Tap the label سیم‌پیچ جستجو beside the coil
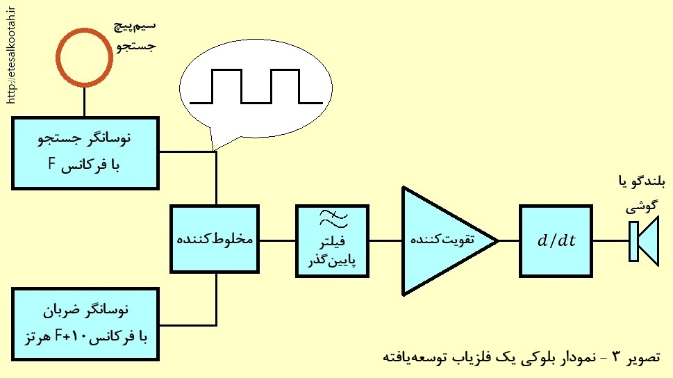click(x=135, y=36)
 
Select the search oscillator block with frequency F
click(x=85, y=153)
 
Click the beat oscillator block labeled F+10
click(x=85, y=324)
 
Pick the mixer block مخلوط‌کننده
click(x=215, y=239)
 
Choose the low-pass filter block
click(x=332, y=241)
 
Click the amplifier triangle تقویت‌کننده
click(x=449, y=241)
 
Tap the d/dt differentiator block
click(x=556, y=241)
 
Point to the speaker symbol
click(x=643, y=241)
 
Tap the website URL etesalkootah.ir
click(x=11, y=56)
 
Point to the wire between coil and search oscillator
click(x=84, y=101)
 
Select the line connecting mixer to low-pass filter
click(x=278, y=240)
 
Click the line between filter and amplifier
click(x=385, y=240)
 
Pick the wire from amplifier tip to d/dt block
click(x=508, y=240)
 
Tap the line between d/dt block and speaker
click(x=611, y=240)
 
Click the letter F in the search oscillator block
click(x=52, y=164)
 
